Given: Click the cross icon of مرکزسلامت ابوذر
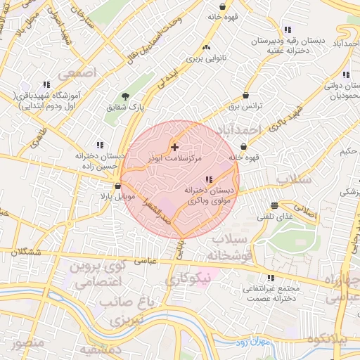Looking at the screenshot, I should click(x=174, y=148).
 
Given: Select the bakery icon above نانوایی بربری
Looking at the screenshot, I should click(x=206, y=47).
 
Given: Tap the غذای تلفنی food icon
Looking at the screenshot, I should click(x=274, y=206).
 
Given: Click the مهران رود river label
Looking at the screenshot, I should click(x=248, y=342).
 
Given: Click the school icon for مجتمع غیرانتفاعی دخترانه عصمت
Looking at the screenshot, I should click(x=272, y=278).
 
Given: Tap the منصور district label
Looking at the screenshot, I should click(x=27, y=343).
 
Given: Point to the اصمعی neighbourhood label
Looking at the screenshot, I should click(x=77, y=72).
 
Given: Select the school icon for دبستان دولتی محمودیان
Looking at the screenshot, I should click(x=345, y=74).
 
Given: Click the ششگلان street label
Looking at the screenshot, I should click(x=24, y=252).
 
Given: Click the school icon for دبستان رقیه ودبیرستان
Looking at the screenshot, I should click(x=287, y=30).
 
